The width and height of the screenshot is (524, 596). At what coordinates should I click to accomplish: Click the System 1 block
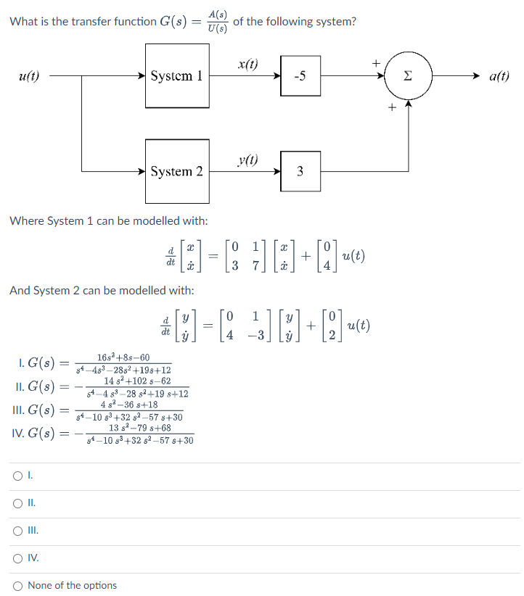tap(177, 75)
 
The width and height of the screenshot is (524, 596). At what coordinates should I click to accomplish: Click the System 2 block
tap(177, 171)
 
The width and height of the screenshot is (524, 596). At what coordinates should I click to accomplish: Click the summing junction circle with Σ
tap(408, 75)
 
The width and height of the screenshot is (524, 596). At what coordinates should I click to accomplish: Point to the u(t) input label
tap(29, 75)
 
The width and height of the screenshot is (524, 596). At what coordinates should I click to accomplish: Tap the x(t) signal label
tap(247, 64)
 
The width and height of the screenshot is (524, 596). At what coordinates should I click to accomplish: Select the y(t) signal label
tap(247, 160)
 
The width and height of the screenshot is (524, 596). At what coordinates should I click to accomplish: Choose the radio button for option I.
tap(17, 476)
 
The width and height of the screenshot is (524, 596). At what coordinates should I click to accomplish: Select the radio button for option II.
tap(17, 503)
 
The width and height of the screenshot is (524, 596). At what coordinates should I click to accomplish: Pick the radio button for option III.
tap(17, 531)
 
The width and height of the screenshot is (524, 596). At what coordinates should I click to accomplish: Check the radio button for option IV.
tap(17, 558)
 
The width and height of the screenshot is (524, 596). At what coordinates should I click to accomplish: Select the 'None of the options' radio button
tap(17, 585)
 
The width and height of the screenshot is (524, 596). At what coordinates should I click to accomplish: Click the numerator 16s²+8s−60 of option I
tap(123, 357)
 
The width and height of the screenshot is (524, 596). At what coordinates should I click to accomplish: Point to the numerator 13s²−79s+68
tap(140, 428)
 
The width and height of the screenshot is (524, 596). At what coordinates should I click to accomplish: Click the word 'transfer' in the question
tap(94, 22)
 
